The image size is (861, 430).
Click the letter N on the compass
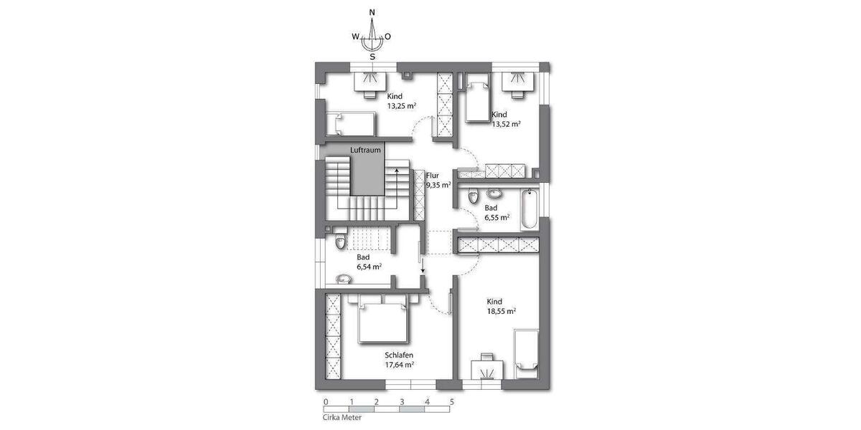coord(372,12)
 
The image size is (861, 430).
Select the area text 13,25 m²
coord(402,105)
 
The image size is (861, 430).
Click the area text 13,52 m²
coord(506,123)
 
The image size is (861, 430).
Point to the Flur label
coord(432,175)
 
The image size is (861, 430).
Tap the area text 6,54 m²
coord(368,266)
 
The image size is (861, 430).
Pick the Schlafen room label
coord(398,355)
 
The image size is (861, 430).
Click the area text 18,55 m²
coord(502,311)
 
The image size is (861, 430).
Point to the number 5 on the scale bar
coord(452,402)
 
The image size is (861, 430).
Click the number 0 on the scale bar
coord(326,402)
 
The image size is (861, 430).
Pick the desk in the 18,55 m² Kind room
coord(487,369)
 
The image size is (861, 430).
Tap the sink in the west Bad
coord(343,279)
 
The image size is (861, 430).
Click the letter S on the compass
coord(372,57)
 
